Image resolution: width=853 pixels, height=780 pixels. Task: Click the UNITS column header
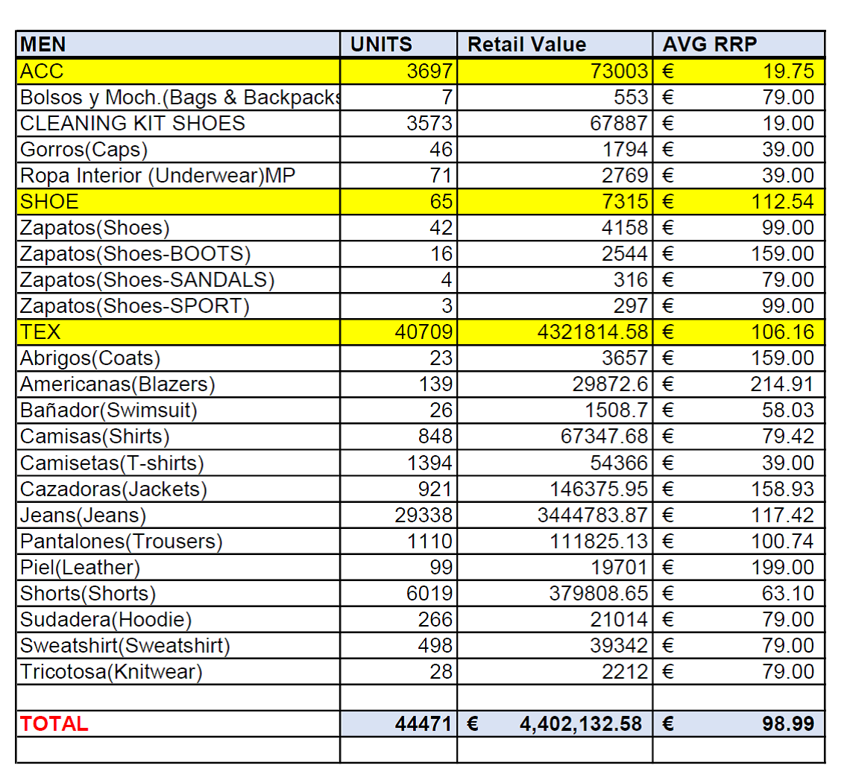point(381,45)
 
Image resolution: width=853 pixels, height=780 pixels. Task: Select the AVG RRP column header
point(709,45)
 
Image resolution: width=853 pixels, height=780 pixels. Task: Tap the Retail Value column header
point(526,45)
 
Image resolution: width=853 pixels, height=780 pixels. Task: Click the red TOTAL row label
point(54,723)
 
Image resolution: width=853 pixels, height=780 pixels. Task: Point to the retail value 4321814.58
point(593,332)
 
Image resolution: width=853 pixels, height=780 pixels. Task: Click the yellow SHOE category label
point(49,202)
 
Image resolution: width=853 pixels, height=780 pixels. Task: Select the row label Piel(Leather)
point(80,567)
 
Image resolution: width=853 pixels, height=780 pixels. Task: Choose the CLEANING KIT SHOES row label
point(132,123)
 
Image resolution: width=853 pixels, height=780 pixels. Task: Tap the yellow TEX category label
point(40,332)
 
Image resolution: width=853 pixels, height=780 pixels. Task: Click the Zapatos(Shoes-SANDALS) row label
point(147,280)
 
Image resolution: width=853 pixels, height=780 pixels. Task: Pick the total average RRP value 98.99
point(787,723)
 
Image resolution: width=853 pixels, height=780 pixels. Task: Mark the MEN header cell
point(43,45)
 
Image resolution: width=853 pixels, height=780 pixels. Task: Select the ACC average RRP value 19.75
point(788,71)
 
